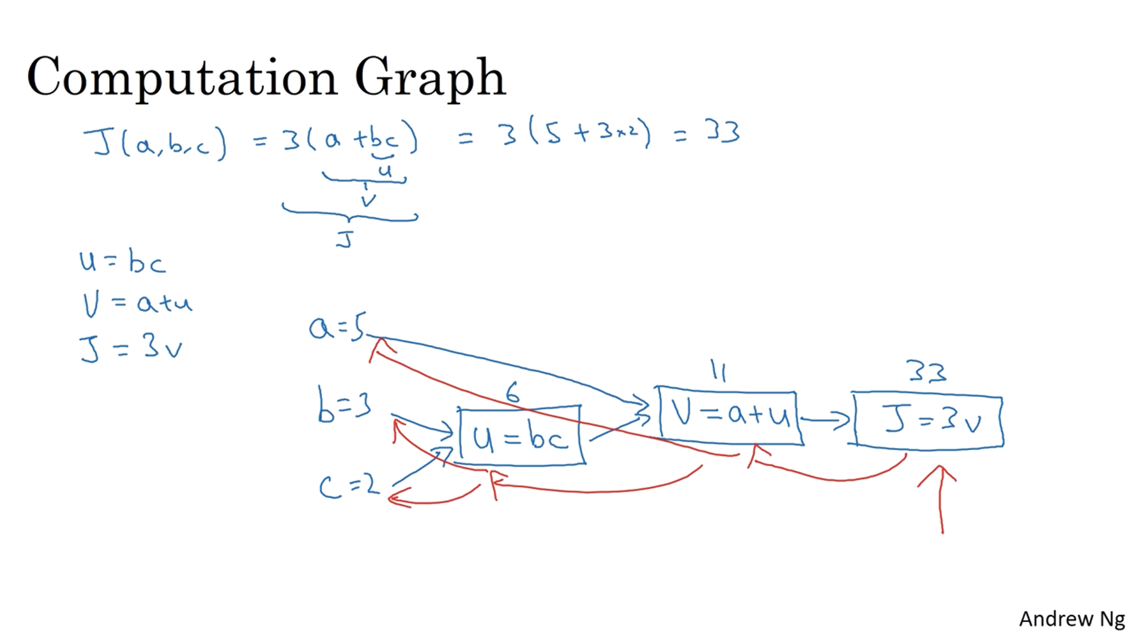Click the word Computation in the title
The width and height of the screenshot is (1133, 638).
point(182,77)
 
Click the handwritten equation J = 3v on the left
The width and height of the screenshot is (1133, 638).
point(131,347)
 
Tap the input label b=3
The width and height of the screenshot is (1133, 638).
point(344,406)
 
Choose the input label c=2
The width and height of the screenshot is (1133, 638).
point(349,486)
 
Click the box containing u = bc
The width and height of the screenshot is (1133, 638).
point(521,436)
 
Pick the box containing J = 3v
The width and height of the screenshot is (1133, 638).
point(928,421)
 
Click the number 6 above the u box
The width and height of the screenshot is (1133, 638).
point(512,392)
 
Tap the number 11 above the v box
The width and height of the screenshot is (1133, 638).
point(718,370)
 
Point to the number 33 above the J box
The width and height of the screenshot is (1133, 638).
point(926,372)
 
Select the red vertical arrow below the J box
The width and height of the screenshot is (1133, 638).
point(941,499)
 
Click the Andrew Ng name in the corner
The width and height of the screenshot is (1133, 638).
point(1072,619)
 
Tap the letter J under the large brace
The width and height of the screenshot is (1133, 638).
point(345,239)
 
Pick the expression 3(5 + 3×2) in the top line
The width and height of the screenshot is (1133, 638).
point(576,133)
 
